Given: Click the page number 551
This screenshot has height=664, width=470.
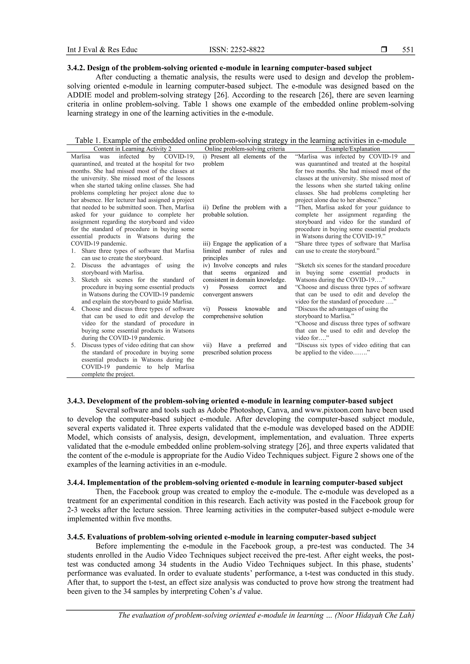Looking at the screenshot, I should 408,50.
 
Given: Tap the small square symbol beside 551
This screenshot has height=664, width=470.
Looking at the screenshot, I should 384,50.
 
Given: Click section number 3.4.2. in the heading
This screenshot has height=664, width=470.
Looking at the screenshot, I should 76,68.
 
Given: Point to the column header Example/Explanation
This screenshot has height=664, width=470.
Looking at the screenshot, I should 352,149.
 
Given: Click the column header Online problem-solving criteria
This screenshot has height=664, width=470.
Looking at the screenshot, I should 244,149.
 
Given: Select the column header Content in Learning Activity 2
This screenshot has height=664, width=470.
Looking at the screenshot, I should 132,149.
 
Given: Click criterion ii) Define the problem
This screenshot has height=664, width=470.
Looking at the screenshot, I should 244,207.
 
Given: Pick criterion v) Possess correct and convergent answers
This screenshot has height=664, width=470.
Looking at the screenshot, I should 244,291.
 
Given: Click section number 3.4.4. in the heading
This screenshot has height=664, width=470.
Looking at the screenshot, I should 76,483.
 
